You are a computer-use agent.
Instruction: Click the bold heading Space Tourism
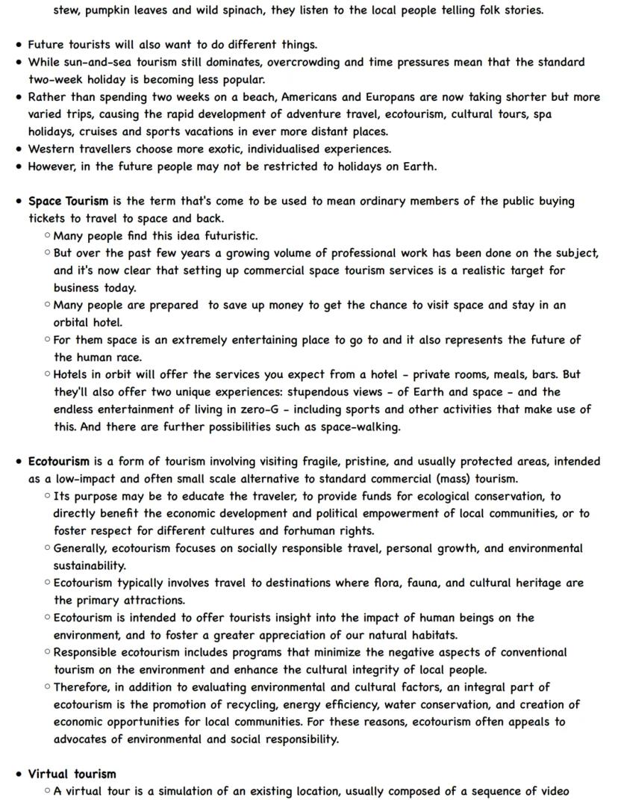pyautogui.click(x=68, y=201)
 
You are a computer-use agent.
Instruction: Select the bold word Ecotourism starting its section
pyautogui.click(x=59, y=462)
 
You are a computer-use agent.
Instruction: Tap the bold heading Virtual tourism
pyautogui.click(x=72, y=774)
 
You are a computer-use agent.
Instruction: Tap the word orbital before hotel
pyautogui.click(x=73, y=323)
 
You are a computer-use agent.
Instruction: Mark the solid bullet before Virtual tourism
pyautogui.click(x=18, y=774)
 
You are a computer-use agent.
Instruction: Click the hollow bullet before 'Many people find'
pyautogui.click(x=47, y=235)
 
